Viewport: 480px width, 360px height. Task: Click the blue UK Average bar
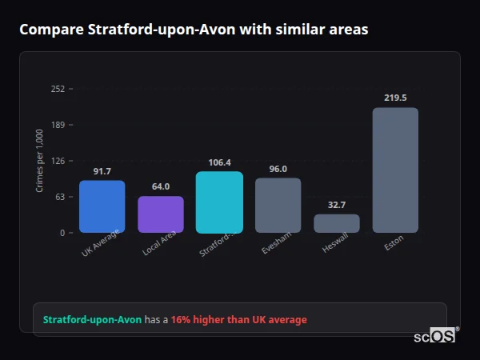pos(102,206)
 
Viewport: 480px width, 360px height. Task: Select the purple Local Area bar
pos(161,214)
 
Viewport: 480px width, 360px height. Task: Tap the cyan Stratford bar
pos(219,202)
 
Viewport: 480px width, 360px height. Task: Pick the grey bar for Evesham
pos(278,205)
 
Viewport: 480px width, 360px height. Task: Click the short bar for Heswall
pos(337,223)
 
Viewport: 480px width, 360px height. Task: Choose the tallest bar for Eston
pos(395,170)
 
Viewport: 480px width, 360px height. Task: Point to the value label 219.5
pos(395,98)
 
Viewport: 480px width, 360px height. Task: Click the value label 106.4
pos(219,162)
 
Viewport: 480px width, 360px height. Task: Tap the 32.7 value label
pos(337,205)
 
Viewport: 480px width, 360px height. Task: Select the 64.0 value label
pos(161,186)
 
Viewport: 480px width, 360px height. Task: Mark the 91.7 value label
pos(102,171)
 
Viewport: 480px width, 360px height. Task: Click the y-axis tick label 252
pos(58,89)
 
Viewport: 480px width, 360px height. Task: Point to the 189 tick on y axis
pos(58,125)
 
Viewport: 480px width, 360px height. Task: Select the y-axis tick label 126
pos(58,161)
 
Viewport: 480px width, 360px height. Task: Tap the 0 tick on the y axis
pos(62,233)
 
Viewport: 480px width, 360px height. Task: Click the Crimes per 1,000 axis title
pos(39,161)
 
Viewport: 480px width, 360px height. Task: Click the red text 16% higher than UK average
pos(238,320)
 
